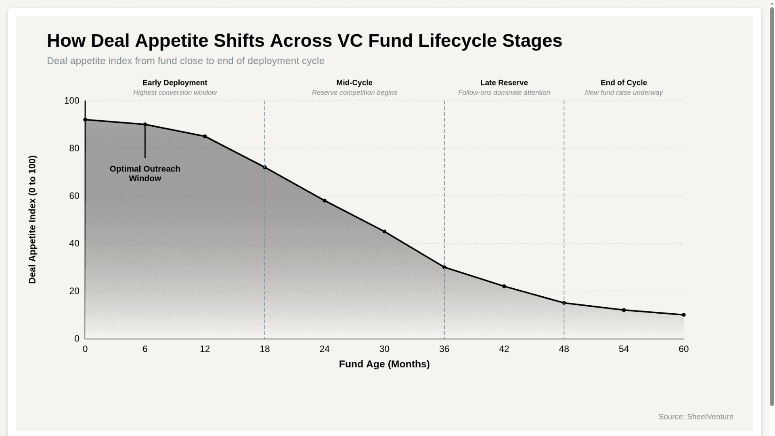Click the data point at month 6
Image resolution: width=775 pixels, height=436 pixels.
tap(145, 124)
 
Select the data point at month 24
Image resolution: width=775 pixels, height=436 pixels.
tap(325, 201)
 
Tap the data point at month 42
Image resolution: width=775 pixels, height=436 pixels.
tap(504, 286)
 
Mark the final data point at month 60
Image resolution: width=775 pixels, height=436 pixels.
tap(683, 315)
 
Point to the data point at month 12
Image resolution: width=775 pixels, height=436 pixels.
tap(205, 136)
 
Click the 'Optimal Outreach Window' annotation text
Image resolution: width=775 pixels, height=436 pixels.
tap(145, 174)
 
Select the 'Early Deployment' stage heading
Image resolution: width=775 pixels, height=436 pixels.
tap(175, 83)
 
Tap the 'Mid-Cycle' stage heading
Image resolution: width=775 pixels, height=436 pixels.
tap(354, 83)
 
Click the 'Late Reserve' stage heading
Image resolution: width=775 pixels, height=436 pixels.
tap(504, 83)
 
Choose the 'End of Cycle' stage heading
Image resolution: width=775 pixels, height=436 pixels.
tap(624, 83)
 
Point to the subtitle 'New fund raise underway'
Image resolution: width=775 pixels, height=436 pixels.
tap(624, 92)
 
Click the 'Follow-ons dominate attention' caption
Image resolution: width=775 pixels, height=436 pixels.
tap(504, 92)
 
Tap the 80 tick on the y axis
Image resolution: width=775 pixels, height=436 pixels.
tap(74, 148)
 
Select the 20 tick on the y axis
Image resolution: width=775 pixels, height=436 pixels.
tap(74, 291)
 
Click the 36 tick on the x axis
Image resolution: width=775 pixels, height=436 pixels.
tap(444, 349)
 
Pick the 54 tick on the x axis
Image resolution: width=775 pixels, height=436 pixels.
tap(624, 349)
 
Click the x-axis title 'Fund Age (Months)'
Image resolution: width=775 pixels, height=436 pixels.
tap(384, 364)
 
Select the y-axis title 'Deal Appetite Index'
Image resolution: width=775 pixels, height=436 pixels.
tap(32, 220)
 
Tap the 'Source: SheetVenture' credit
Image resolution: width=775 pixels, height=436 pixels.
tap(695, 417)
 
